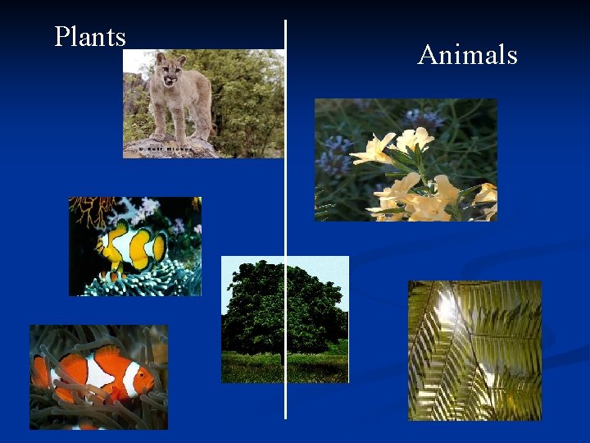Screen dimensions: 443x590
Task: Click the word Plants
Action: click(90, 37)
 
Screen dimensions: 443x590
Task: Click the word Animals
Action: click(467, 55)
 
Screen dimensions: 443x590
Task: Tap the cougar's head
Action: click(170, 71)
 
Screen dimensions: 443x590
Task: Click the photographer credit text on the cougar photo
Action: click(164, 149)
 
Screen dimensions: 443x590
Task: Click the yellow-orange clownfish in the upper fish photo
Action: click(129, 245)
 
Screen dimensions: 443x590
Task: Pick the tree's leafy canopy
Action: click(283, 304)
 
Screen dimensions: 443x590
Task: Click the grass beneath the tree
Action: click(283, 369)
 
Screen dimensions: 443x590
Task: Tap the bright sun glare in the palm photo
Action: click(447, 308)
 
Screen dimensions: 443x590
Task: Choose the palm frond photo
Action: click(474, 350)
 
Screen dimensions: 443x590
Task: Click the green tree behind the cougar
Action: click(246, 90)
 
